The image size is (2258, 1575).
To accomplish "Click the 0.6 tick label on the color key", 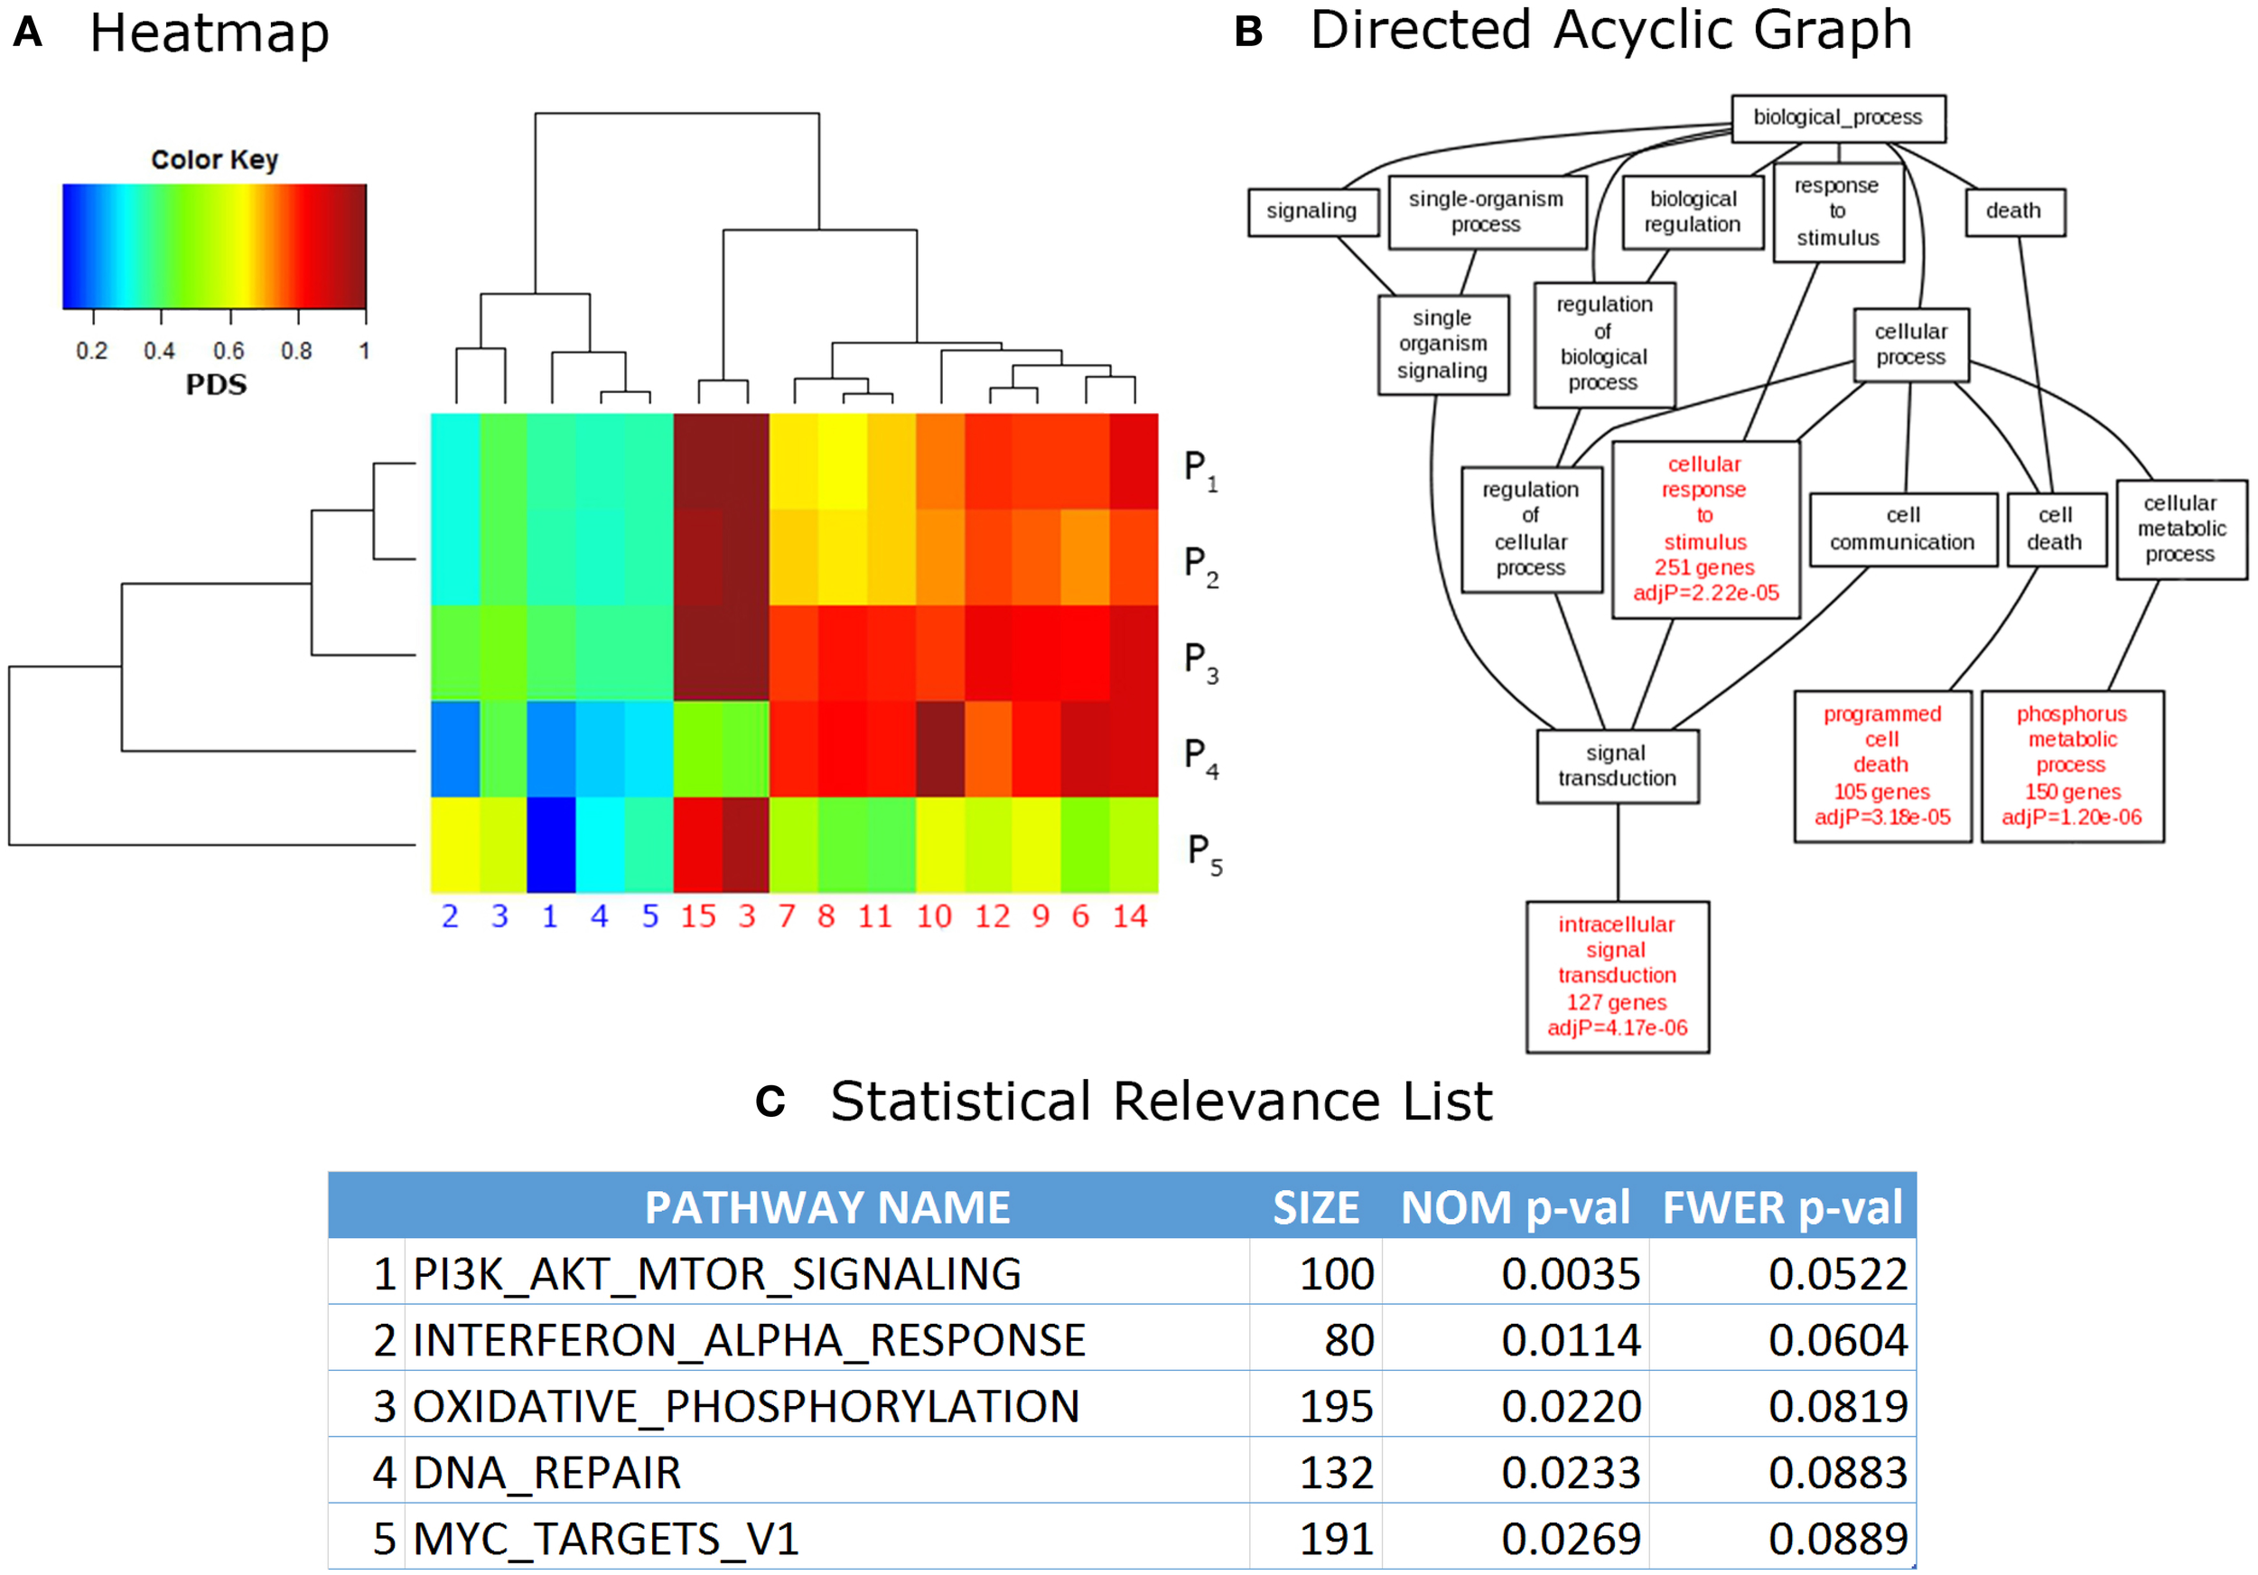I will click(x=229, y=352).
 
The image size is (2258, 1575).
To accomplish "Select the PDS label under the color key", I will click(x=217, y=385).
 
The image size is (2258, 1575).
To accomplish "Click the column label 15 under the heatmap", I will click(x=698, y=917).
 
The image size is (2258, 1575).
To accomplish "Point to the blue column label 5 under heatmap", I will click(x=650, y=917).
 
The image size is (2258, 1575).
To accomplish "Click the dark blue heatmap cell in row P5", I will click(x=551, y=844).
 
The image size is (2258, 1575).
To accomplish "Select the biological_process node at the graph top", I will click(x=1837, y=118).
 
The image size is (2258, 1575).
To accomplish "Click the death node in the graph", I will click(x=2014, y=211).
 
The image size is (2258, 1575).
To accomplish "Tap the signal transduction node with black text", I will click(x=1617, y=765).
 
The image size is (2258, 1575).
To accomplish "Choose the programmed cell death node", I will click(x=1882, y=765).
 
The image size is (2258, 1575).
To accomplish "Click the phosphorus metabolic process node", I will click(x=2071, y=765).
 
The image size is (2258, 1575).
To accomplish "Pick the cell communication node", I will click(x=1902, y=530).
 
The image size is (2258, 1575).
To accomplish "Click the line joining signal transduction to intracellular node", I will click(x=1618, y=852).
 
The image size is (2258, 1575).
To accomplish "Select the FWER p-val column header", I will click(x=1782, y=1207).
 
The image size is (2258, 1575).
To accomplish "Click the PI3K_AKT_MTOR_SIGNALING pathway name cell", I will click(x=716, y=1274).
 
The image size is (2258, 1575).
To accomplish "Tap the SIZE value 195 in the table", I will click(x=1336, y=1407).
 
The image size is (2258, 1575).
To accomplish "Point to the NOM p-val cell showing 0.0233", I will click(x=1571, y=1473).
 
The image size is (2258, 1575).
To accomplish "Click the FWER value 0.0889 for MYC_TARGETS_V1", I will click(x=1837, y=1539).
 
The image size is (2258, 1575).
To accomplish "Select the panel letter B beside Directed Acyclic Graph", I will click(x=1248, y=32).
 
